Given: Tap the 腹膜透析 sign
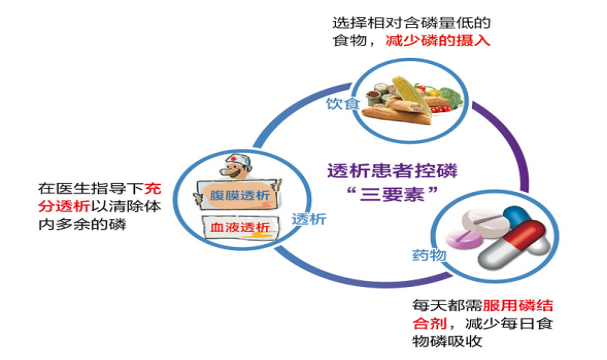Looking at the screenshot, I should tap(239, 194).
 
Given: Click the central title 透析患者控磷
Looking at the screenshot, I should tap(377, 169).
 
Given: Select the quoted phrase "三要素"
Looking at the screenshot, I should tap(377, 193).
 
